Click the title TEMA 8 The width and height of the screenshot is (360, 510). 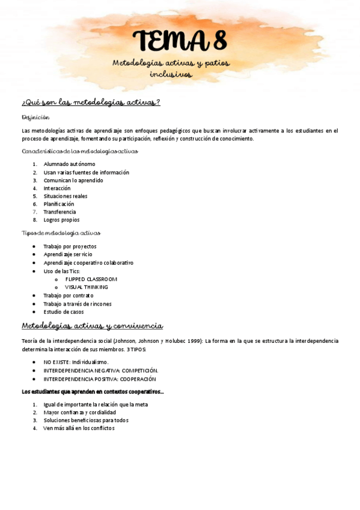pos(180,41)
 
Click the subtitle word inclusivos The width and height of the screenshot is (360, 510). pos(171,75)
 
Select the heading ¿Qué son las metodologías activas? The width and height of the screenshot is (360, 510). pos(91,102)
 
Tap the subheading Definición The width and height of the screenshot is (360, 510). pos(35,117)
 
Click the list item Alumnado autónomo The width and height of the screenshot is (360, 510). pos(69,164)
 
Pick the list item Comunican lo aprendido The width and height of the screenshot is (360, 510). pos(73,180)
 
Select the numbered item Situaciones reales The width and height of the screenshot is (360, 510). pos(65,196)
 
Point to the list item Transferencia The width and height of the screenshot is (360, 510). pos(59,212)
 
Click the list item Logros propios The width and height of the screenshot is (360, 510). pos(61,220)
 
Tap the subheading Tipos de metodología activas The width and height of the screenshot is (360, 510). pos(61,233)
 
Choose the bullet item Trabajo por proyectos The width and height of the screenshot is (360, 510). pos(70,247)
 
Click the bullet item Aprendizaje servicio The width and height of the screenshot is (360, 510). pos(68,254)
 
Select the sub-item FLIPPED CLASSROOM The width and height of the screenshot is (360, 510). pos(91,279)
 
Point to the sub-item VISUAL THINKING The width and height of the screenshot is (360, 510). pos(87,287)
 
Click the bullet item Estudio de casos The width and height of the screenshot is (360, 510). pos(64,312)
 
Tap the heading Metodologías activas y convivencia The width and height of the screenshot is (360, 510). pos(92,326)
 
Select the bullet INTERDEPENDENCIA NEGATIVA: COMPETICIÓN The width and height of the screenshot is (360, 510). pos(100,370)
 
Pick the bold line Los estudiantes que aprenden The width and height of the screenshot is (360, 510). pos(93,392)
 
